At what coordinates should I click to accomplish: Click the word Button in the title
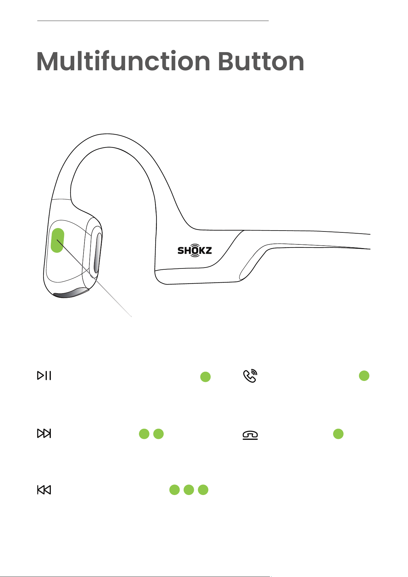coord(261,61)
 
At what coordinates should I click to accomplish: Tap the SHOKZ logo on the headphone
coord(195,250)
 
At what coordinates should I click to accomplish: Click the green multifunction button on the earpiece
coord(57,240)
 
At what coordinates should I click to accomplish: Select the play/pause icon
coord(44,375)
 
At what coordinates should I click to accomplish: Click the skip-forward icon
coord(44,433)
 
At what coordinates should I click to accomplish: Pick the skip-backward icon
coord(44,490)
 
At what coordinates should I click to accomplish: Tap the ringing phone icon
coord(250,376)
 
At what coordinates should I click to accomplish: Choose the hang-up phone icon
coord(250,435)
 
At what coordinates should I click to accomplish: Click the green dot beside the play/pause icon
coord(206,377)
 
